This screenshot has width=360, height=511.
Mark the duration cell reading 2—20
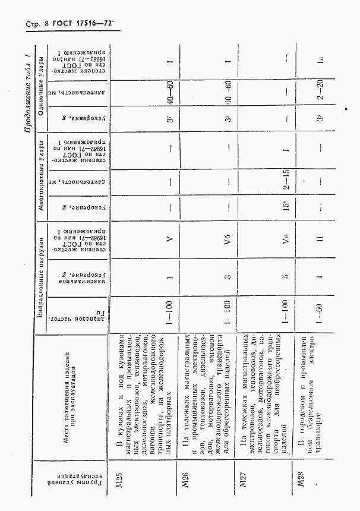coord(320,94)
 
